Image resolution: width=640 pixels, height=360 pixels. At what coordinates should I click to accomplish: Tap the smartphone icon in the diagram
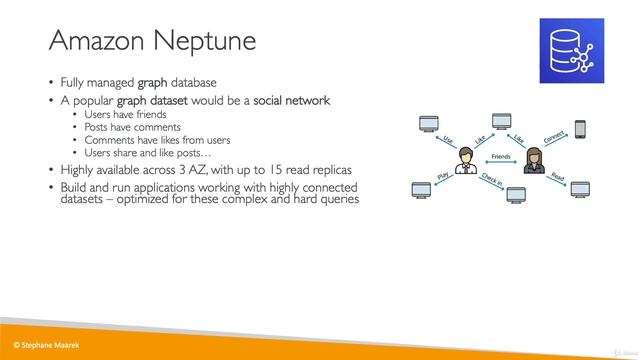pyautogui.click(x=579, y=128)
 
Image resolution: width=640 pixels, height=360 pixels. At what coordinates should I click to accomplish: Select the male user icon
pyautogui.click(x=465, y=160)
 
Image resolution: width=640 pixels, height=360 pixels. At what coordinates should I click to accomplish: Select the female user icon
pyautogui.click(x=532, y=160)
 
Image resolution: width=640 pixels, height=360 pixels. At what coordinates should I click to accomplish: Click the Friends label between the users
pyautogui.click(x=500, y=157)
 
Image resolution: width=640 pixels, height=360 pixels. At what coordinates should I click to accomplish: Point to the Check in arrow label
pyautogui.click(x=491, y=180)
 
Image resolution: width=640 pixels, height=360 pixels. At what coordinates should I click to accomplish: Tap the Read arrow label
pyautogui.click(x=558, y=177)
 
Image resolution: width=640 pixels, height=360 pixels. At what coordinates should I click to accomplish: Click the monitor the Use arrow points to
pyautogui.click(x=428, y=125)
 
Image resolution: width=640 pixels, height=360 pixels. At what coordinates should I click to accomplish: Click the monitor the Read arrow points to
pyautogui.click(x=580, y=190)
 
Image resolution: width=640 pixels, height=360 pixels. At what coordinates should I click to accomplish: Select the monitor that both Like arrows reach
pyautogui.click(x=501, y=120)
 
